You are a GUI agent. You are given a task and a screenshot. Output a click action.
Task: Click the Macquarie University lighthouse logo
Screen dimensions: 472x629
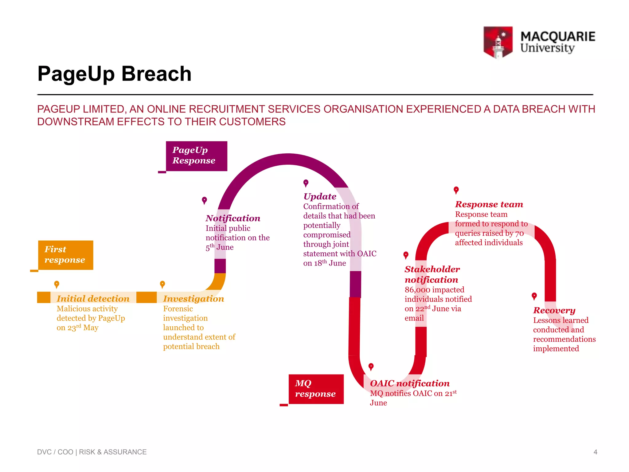point(498,42)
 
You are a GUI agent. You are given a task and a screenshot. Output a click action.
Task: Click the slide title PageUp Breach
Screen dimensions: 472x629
point(114,74)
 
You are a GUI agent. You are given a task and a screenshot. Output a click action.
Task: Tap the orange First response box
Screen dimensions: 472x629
point(65,255)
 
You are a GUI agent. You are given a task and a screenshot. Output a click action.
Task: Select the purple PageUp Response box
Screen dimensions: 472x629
point(196,156)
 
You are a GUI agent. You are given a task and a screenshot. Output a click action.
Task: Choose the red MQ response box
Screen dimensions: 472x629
point(316,389)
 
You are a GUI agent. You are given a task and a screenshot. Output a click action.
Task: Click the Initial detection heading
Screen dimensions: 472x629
point(93,299)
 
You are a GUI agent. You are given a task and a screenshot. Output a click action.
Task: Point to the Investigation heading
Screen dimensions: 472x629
point(193,299)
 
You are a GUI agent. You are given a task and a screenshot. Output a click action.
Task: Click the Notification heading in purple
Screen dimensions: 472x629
point(233,218)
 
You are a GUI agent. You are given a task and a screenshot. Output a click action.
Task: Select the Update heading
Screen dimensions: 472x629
point(320,197)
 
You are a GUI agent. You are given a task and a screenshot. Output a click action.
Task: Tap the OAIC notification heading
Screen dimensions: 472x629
point(410,383)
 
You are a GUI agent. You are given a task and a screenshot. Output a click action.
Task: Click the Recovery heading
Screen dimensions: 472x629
point(554,310)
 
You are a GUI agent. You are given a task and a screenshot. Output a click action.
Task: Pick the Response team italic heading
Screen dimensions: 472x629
point(489,204)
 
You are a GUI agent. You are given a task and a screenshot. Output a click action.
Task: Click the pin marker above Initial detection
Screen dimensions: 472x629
point(57,284)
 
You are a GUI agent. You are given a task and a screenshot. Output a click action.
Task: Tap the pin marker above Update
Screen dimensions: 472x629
point(306,183)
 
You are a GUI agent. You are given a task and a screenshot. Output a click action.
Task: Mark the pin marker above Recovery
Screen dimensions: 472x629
point(534,296)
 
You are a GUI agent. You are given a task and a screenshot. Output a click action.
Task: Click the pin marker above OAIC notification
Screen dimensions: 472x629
point(371,367)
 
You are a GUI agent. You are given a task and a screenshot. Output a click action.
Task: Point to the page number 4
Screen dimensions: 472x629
point(595,452)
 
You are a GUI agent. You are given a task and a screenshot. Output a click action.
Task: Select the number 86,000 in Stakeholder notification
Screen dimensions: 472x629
point(417,290)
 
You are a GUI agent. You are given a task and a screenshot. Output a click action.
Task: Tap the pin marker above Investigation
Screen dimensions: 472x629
point(162,284)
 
